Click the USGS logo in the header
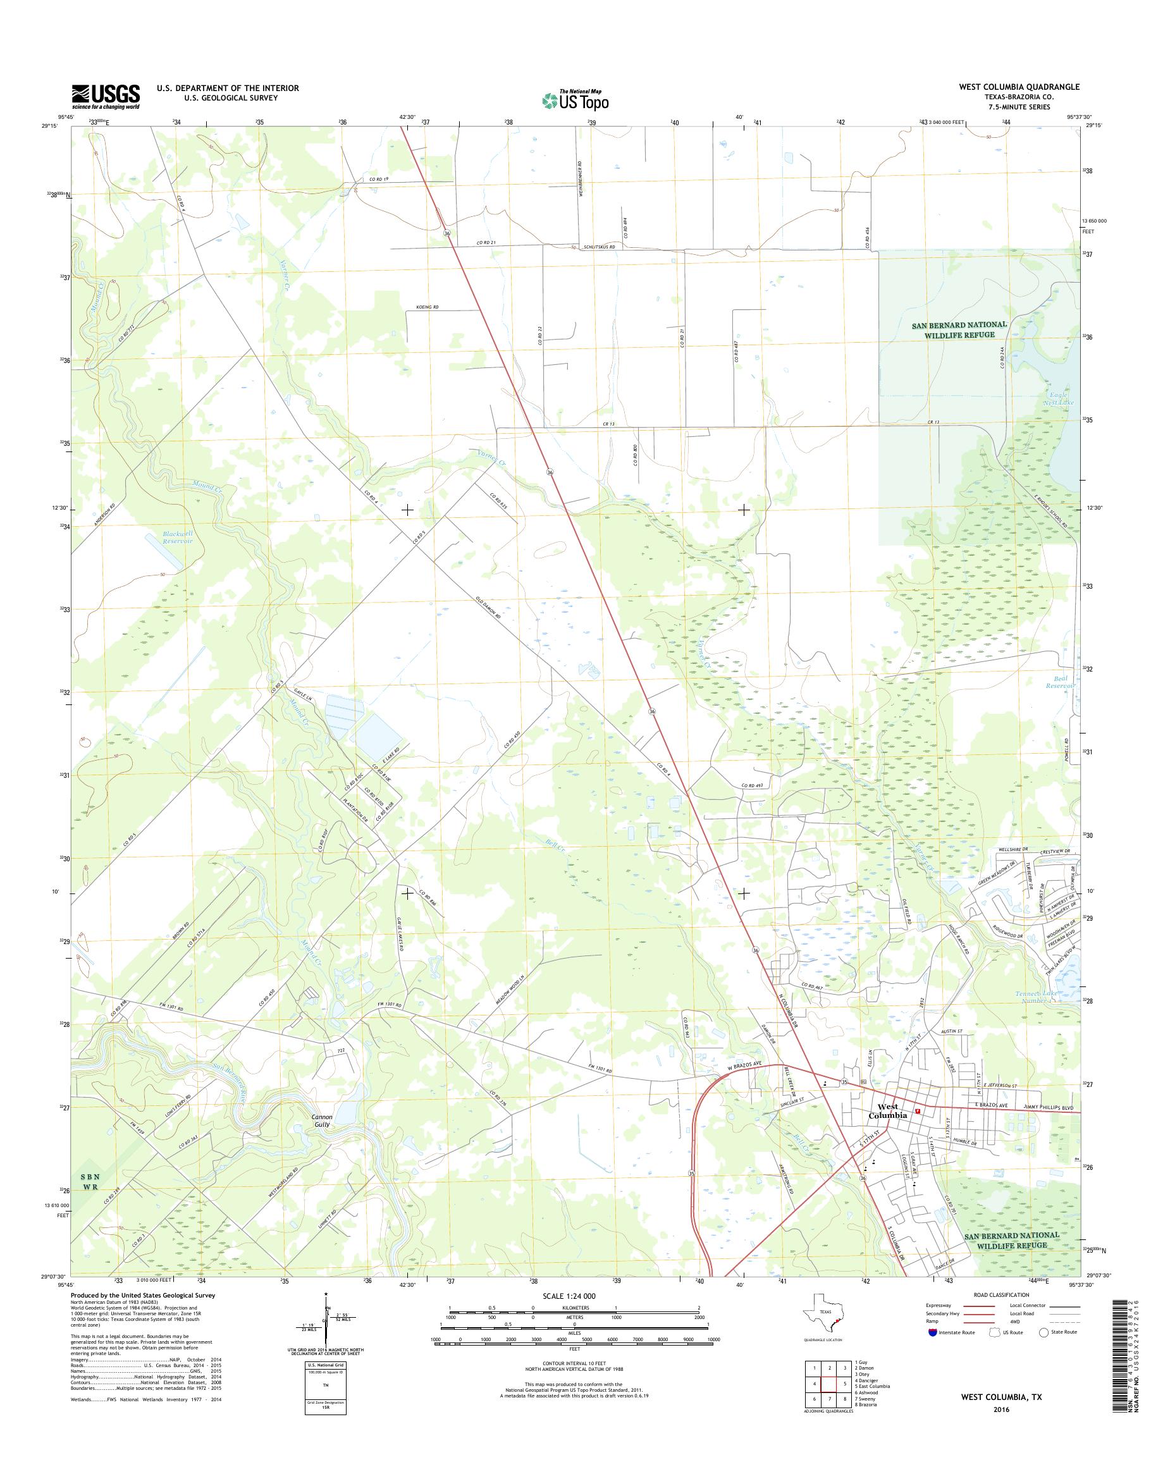tap(106, 97)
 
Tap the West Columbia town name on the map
tap(887, 1111)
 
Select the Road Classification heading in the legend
tap(1001, 1294)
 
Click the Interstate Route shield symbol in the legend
tap(932, 1332)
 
